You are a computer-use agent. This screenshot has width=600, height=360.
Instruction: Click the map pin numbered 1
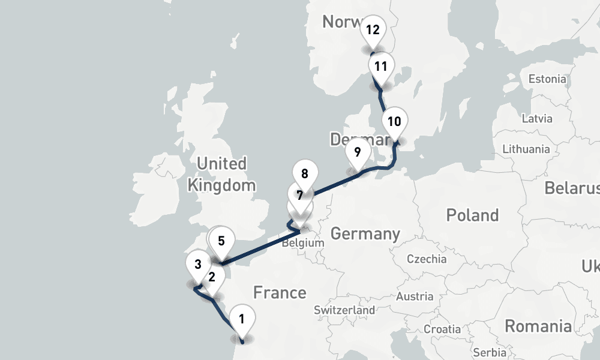click(241, 320)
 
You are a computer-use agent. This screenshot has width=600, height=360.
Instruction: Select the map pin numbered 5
click(221, 242)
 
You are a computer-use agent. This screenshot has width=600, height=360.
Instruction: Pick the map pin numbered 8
click(305, 176)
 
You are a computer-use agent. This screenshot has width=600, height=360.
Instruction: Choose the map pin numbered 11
click(380, 67)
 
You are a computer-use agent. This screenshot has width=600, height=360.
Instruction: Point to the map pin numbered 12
click(373, 30)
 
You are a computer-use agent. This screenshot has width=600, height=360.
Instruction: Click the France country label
click(280, 293)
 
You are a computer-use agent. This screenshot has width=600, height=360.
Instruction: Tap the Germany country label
click(365, 234)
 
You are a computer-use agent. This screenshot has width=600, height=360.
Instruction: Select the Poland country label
click(472, 215)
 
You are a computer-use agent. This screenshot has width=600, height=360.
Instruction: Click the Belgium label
click(302, 244)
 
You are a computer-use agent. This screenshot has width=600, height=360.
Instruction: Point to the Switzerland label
click(344, 310)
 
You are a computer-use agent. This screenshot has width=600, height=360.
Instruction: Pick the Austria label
click(415, 296)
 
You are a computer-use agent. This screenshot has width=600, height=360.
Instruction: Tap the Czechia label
click(427, 259)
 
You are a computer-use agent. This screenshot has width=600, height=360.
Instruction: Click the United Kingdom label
click(221, 174)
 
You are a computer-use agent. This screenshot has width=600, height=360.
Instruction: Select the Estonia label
click(547, 79)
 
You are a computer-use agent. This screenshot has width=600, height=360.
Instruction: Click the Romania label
click(538, 326)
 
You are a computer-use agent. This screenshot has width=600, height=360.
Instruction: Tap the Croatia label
click(442, 329)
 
